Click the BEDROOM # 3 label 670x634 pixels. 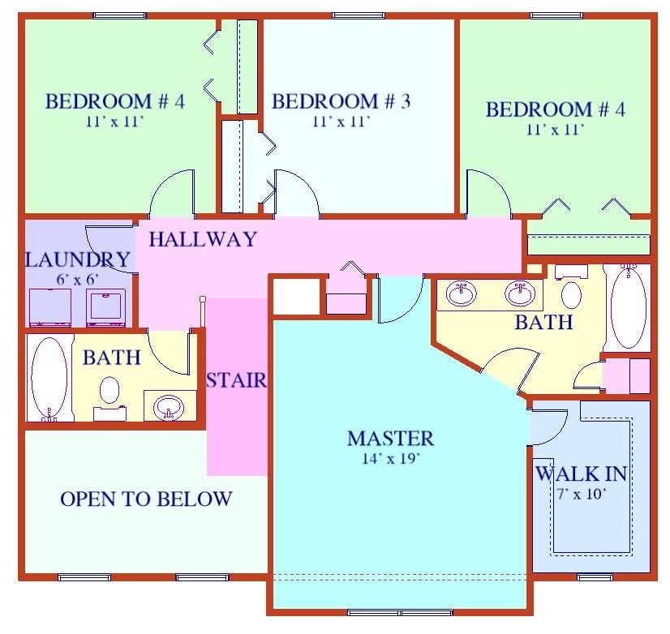point(341,102)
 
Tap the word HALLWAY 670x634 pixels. point(202,239)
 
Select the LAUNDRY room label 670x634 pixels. point(77,260)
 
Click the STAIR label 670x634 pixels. point(236,379)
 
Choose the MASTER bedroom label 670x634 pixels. point(390,439)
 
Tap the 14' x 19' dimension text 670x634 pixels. point(390,458)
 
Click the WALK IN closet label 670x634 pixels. point(581,473)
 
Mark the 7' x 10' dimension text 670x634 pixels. point(581,492)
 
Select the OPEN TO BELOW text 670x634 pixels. point(146,499)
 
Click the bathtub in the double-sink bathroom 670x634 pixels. point(628,308)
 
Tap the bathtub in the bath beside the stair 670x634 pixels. point(49,378)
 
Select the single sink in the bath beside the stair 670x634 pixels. point(170,405)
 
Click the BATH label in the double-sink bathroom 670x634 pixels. point(543,323)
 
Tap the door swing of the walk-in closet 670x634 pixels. point(548,426)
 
